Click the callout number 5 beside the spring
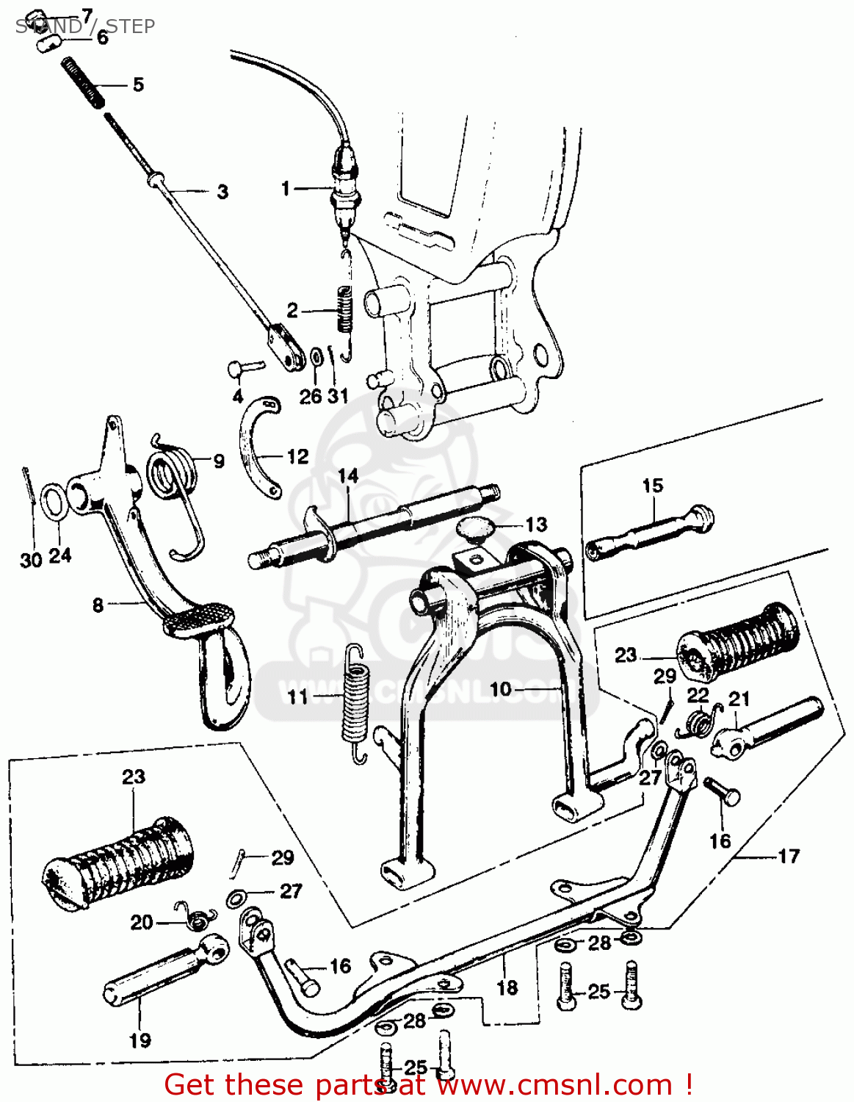[x=138, y=84]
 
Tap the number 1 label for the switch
[x=286, y=189]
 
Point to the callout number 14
[x=348, y=475]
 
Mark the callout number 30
[x=30, y=561]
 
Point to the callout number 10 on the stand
[x=500, y=689]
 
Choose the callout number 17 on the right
[x=788, y=856]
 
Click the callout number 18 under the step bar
[x=507, y=987]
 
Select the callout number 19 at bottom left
[x=140, y=1040]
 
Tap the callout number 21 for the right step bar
[x=739, y=698]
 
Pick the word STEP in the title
[x=131, y=26]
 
